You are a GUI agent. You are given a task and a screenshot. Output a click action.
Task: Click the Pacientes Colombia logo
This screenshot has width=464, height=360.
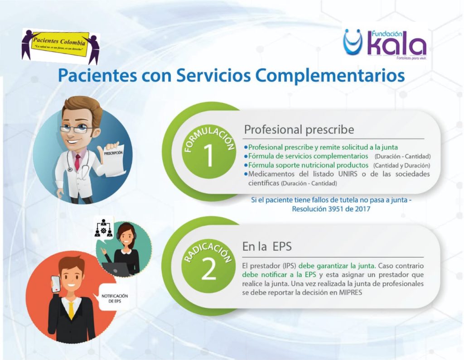[60, 47]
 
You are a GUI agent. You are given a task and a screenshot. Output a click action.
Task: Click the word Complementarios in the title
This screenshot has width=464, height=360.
[330, 76]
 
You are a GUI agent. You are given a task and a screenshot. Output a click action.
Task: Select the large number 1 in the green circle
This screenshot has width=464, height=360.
[208, 155]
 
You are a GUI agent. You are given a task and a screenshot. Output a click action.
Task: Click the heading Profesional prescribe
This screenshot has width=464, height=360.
[299, 130]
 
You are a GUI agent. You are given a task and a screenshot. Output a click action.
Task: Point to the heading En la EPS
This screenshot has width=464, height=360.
[266, 246]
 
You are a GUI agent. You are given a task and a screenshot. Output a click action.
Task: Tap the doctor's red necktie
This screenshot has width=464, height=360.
[77, 162]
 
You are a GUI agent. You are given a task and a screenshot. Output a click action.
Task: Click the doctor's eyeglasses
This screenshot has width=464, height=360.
[76, 129]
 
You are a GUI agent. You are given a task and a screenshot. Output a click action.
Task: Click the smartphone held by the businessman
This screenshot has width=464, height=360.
[56, 284]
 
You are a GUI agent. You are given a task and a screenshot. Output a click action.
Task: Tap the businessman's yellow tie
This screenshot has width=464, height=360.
[71, 311]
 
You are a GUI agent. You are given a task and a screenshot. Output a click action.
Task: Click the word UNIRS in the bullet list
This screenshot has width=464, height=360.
[348, 173]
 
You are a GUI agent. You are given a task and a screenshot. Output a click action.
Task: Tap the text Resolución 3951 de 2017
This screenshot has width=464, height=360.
[331, 209]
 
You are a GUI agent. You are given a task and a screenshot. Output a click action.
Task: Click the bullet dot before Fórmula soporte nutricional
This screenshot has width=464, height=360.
[246, 165]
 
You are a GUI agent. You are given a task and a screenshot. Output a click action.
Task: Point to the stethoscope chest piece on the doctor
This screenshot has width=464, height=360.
[70, 169]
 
